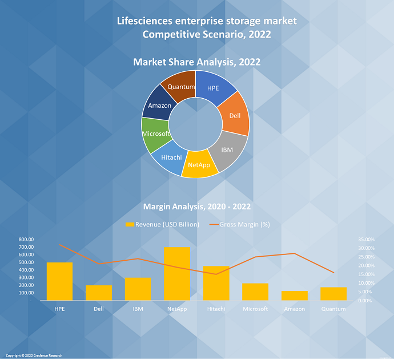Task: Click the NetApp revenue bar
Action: (x=177, y=274)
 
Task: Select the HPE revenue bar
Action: (x=59, y=281)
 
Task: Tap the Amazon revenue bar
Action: (x=294, y=296)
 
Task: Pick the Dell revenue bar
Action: (x=99, y=293)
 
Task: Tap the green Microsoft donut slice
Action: (x=155, y=135)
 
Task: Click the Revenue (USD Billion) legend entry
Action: (x=163, y=224)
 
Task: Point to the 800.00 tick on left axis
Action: (x=26, y=240)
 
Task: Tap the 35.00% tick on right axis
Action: (x=366, y=240)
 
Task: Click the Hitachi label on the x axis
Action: (x=216, y=309)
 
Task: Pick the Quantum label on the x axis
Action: (x=333, y=309)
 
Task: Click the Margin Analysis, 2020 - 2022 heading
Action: (x=197, y=207)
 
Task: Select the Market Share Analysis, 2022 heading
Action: (x=197, y=62)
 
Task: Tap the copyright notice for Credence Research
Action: (x=34, y=355)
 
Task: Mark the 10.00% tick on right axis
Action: (x=366, y=283)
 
